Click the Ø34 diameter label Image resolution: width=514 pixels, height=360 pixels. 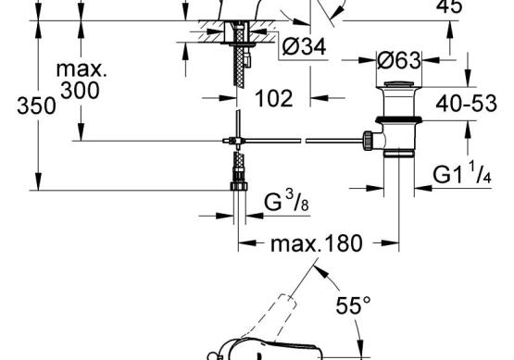point(304,46)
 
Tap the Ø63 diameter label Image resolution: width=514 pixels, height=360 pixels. point(398,60)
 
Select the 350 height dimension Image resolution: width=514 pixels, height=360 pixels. point(36,106)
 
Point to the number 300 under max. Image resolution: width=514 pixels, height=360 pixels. point(80,91)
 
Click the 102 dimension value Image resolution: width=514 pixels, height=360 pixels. point(274,98)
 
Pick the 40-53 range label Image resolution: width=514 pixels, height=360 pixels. point(466,104)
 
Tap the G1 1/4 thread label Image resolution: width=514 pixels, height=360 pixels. point(462,173)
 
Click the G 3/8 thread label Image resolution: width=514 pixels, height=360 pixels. point(286,201)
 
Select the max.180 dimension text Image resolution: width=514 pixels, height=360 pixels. point(317,243)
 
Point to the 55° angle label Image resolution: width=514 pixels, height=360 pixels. point(353,305)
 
